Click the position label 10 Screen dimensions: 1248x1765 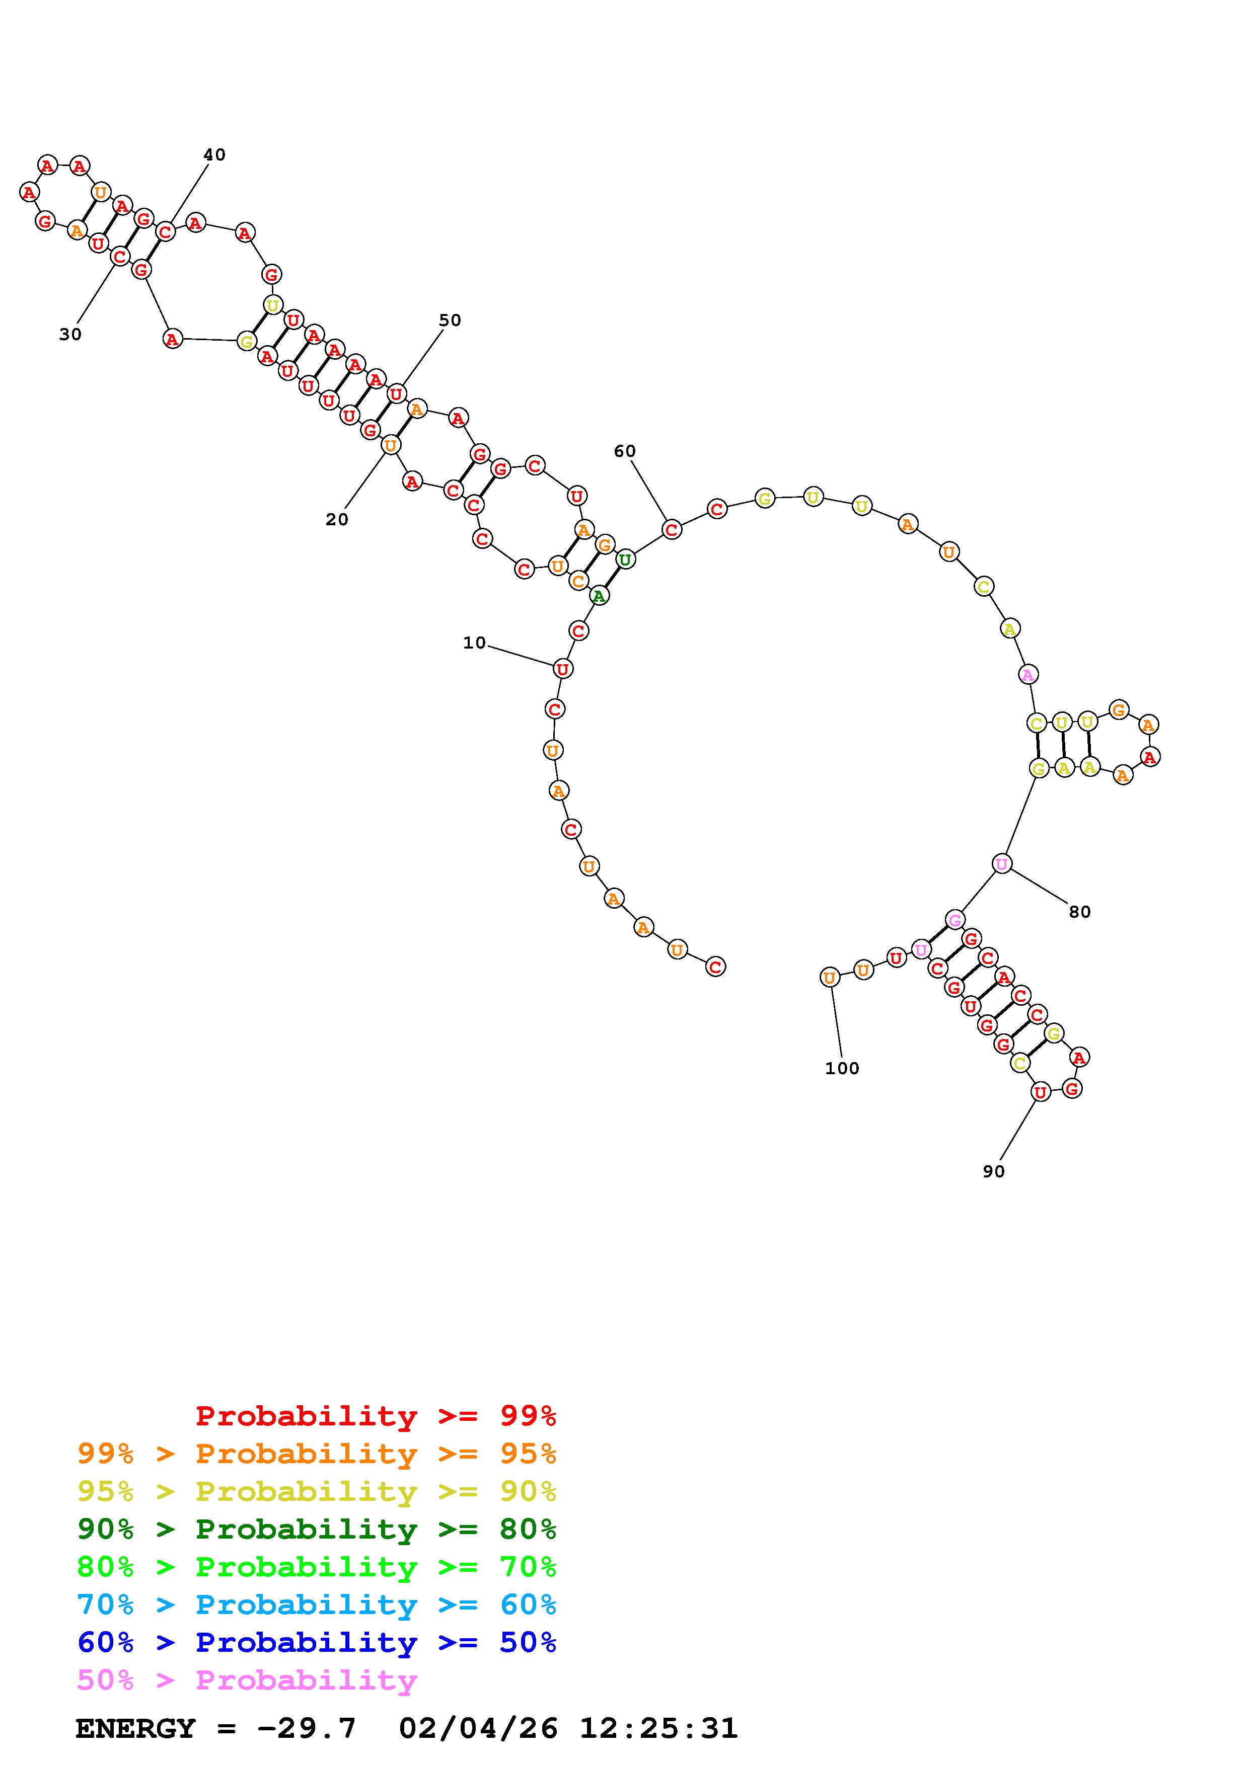pyautogui.click(x=474, y=643)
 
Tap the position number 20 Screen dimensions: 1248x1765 pyautogui.click(x=337, y=520)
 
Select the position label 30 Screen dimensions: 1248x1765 pyautogui.click(x=70, y=335)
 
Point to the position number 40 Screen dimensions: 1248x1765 pyautogui.click(x=214, y=154)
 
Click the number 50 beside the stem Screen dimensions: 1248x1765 pyautogui.click(x=450, y=320)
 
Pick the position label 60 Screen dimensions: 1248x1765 pyautogui.click(x=624, y=451)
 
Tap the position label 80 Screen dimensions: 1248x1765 pyautogui.click(x=1079, y=912)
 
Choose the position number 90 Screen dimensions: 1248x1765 pyautogui.click(x=993, y=1171)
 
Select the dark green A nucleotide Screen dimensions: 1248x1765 pyautogui.click(x=599, y=595)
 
